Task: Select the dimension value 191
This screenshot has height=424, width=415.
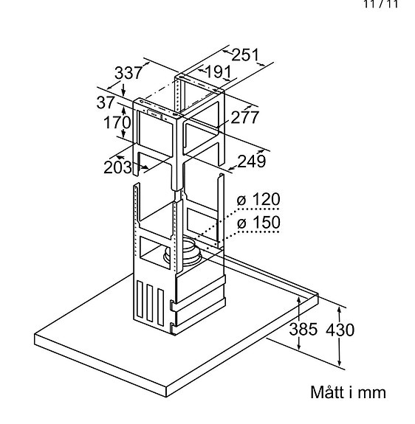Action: coord(218,72)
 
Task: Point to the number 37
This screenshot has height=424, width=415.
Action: coord(106,102)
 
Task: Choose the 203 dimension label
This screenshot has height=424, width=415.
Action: coord(117,167)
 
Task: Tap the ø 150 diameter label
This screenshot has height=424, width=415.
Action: coord(259,223)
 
